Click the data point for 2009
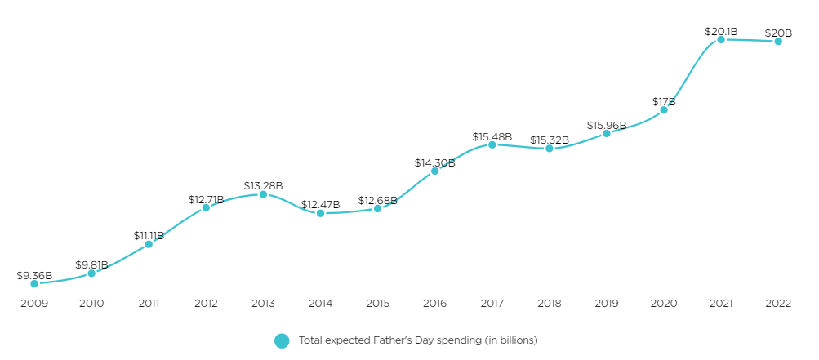(x=34, y=283)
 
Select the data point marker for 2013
(x=263, y=194)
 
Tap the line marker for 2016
(x=434, y=171)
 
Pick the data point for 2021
(x=721, y=39)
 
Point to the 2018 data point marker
(x=550, y=149)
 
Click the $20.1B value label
(x=721, y=31)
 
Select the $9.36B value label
(x=34, y=275)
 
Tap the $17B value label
(x=664, y=101)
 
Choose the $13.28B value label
(x=263, y=186)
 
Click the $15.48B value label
(x=492, y=136)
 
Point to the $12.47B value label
(x=320, y=204)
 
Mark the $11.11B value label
(x=149, y=235)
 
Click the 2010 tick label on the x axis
(x=91, y=304)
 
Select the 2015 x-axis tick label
(x=377, y=304)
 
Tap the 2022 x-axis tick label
(x=778, y=304)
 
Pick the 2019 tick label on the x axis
(x=607, y=304)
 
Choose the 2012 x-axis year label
(x=206, y=304)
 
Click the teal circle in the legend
(x=282, y=340)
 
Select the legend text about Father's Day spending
(x=418, y=340)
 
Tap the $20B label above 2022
(x=778, y=33)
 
